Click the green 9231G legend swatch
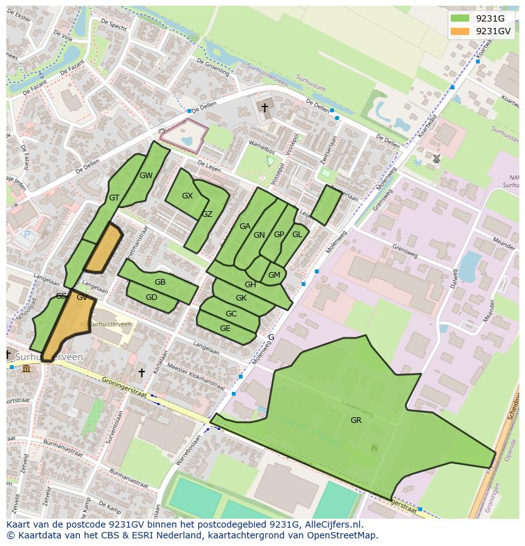pos(461,18)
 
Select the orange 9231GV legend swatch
pos(461,30)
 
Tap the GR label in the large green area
pos(356,420)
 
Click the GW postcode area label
pos(146,176)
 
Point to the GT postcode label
pos(114,198)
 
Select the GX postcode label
pos(187,196)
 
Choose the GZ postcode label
pos(207,214)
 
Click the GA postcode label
pos(245,226)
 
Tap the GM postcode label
pos(274,275)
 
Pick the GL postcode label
pos(297,234)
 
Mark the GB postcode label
pos(160,282)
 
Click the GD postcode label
pos(152,297)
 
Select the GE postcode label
pos(225,328)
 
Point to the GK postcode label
pos(241,298)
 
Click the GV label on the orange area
pos(82,297)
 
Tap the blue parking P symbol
pos(27,235)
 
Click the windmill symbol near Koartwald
pos(436,158)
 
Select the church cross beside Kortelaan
pos(141,372)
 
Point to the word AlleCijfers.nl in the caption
pos(332,524)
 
